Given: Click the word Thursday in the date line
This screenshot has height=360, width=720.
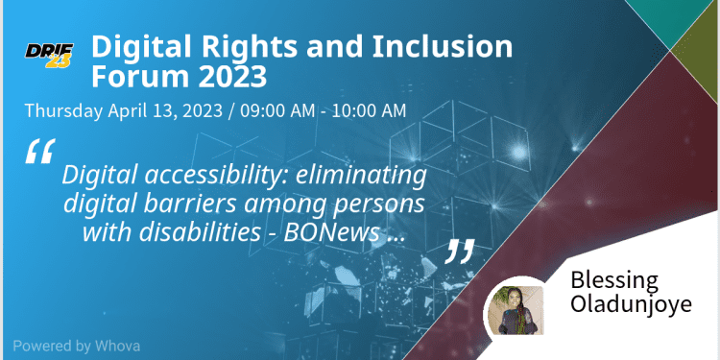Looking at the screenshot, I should click(x=61, y=109).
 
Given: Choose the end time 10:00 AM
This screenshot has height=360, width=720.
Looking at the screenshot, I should click(x=369, y=109).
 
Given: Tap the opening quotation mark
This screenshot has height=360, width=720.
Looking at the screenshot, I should click(x=38, y=154).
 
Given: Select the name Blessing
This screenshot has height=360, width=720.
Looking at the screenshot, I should click(x=614, y=280).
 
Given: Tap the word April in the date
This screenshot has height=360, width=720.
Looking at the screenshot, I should click(x=128, y=109).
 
